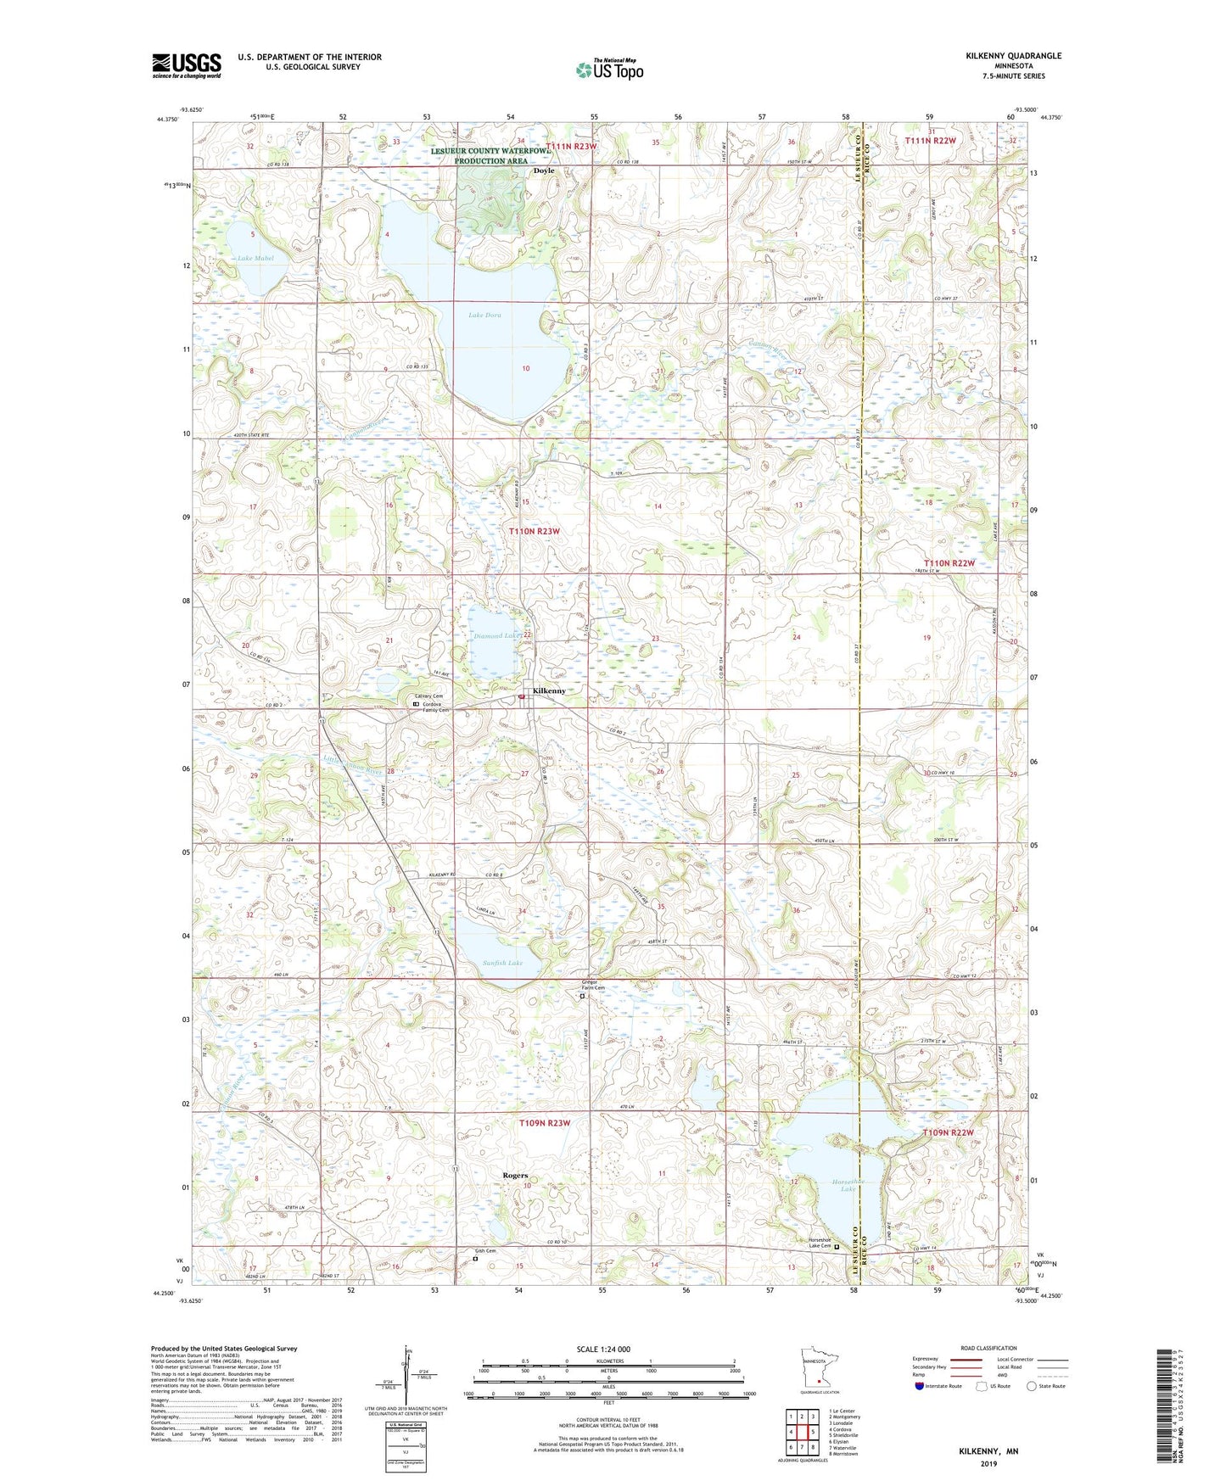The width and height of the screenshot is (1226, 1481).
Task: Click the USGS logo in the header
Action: pos(187,65)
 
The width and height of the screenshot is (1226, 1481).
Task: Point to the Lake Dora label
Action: pos(484,315)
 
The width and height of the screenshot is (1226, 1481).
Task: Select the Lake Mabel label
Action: pos(255,258)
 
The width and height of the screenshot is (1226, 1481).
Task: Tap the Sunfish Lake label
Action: pos(502,963)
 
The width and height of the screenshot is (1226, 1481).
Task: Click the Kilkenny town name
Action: pos(549,690)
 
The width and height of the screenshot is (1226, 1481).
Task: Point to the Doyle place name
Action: pos(544,170)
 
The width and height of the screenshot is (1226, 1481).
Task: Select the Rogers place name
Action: pos(515,1176)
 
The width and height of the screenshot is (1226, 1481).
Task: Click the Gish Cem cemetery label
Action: pos(484,1251)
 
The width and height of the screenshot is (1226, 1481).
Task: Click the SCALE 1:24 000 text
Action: pos(607,1350)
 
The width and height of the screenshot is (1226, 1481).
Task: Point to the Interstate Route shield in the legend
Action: pos(920,1386)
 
